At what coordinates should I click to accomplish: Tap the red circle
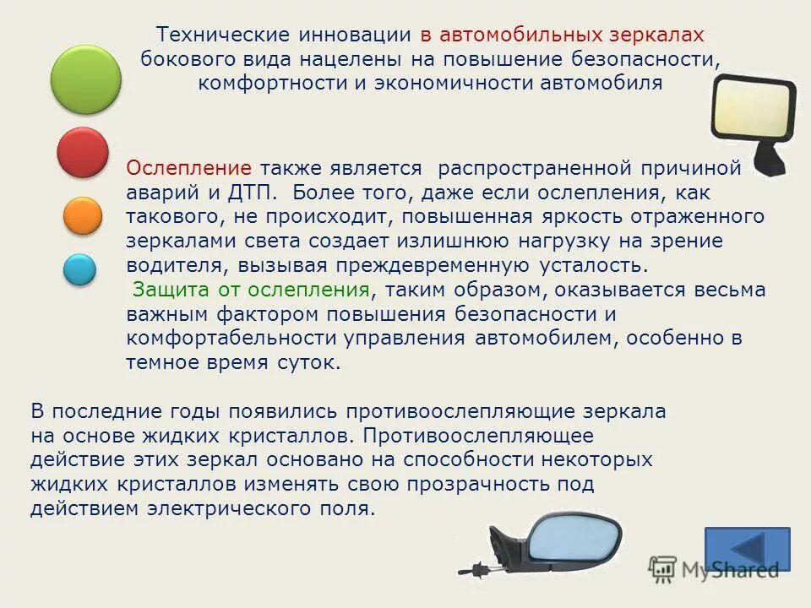tap(83, 152)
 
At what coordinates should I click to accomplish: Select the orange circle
tap(82, 215)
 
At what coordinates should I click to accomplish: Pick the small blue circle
tap(80, 269)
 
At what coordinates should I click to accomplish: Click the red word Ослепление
tap(188, 167)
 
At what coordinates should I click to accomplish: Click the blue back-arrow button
tap(747, 548)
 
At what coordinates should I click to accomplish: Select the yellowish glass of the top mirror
tap(753, 111)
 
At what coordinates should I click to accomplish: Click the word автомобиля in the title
tap(608, 84)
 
